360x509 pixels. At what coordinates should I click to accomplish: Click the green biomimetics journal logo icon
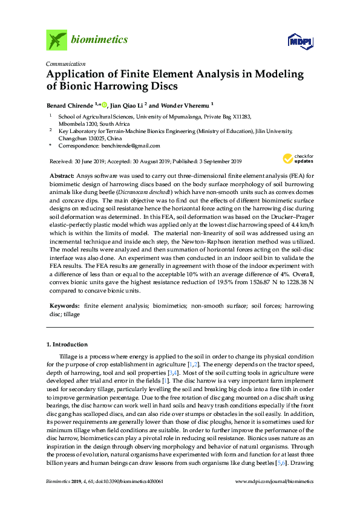(56, 41)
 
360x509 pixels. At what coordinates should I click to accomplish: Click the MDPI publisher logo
(300, 41)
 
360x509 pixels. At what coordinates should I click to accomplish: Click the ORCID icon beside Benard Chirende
(104, 104)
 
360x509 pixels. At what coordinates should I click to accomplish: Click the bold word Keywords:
(65, 306)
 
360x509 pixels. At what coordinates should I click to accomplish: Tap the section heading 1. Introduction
(70, 344)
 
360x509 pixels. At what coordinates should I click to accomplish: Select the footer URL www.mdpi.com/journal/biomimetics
(273, 498)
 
